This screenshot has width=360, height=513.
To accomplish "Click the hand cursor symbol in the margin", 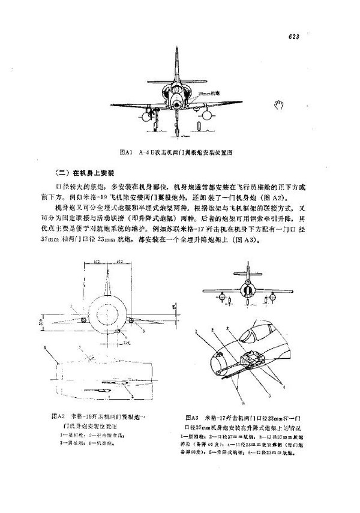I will tap(278, 106).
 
